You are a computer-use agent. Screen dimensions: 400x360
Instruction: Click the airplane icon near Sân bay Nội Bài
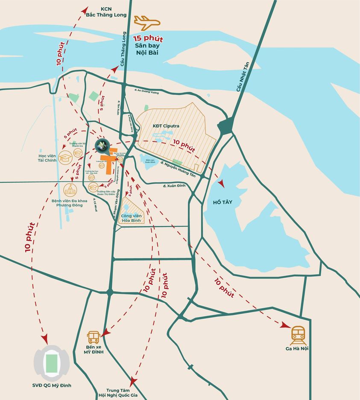click(x=146, y=22)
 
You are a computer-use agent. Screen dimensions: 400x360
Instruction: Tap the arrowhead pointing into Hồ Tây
click(x=221, y=183)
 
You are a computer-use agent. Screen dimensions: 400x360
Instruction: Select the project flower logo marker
click(x=102, y=145)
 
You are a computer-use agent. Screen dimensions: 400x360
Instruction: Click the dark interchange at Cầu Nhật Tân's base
click(x=225, y=126)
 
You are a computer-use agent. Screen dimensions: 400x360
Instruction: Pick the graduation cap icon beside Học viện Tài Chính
click(x=65, y=158)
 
